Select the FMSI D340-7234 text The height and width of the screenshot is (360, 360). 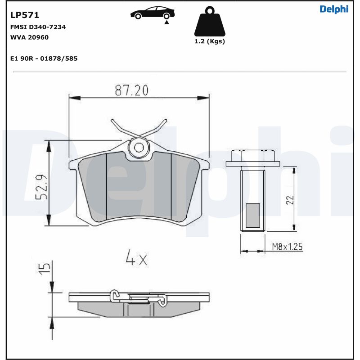point(38,27)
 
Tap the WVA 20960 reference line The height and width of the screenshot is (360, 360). point(29,37)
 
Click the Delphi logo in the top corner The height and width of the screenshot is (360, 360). point(334,9)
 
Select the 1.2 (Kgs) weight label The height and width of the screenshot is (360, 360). point(209,41)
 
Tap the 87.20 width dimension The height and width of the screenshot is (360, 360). point(131,90)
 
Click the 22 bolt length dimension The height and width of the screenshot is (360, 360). point(290,199)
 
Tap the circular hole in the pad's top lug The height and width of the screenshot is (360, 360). point(139,147)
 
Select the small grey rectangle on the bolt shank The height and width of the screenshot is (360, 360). point(253,215)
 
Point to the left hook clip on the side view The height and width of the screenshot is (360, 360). point(116,296)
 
